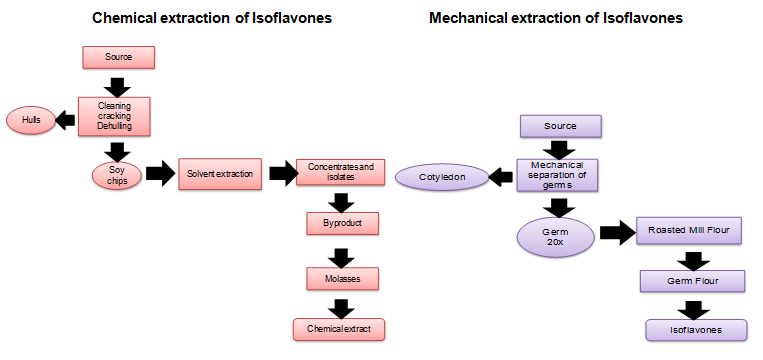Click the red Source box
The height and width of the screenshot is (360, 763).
118,57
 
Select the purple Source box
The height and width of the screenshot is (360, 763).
560,127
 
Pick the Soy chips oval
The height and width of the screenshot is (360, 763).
117,175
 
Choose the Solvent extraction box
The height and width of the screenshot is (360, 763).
219,174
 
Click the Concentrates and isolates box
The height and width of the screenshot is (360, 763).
340,173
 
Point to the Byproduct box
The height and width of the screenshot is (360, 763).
342,222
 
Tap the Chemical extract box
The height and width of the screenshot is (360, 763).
339,328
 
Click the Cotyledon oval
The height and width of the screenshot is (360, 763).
440,177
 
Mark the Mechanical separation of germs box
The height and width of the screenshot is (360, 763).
556,176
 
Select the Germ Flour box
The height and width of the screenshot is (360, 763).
694,281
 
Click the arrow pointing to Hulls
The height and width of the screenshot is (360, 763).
67,119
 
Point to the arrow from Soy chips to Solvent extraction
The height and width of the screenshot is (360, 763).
159,175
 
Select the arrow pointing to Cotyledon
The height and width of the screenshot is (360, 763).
501,177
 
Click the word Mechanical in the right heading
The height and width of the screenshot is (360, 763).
467,18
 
